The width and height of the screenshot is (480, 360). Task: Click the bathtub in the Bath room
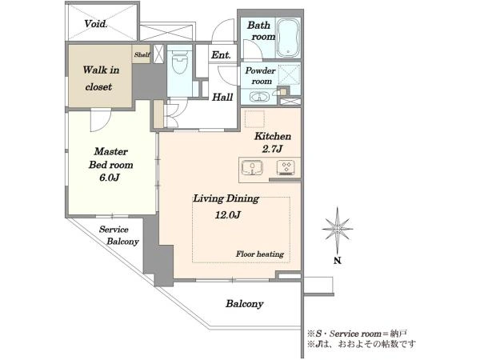point(288,38)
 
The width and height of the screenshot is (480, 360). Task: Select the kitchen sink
point(252,167)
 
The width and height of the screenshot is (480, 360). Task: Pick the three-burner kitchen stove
point(286,168)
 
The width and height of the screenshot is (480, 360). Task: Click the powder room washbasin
point(259,97)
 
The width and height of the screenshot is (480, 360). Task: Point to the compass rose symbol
point(338,229)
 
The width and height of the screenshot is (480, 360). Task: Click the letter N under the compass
point(338,261)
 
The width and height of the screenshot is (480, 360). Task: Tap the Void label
point(96,23)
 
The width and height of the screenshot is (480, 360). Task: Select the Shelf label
point(142,54)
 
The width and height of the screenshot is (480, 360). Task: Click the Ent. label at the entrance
point(221,55)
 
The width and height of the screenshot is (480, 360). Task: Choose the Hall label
point(222,98)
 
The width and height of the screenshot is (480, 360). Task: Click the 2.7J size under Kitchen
point(272,149)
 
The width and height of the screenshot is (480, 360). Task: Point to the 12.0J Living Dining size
point(227,215)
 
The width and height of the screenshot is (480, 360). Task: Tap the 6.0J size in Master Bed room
point(110,178)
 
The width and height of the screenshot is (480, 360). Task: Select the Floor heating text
point(259,254)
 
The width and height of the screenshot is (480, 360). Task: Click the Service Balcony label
point(118,235)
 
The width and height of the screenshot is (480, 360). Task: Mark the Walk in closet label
point(101,78)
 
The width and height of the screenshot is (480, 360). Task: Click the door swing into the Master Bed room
point(101,120)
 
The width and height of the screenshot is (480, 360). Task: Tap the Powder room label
point(260,76)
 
